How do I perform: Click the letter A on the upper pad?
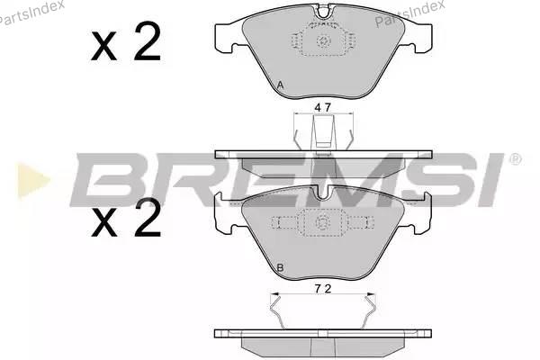click(x=280, y=85)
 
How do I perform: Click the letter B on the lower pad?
click(x=280, y=267)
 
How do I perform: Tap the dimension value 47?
click(x=323, y=108)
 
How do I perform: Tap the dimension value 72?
click(x=323, y=289)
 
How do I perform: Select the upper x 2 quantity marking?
click(x=126, y=41)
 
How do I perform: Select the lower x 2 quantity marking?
click(x=126, y=218)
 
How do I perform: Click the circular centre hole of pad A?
click(x=324, y=41)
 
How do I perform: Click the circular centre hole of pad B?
click(x=323, y=223)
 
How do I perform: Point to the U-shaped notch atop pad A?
click(x=323, y=12)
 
